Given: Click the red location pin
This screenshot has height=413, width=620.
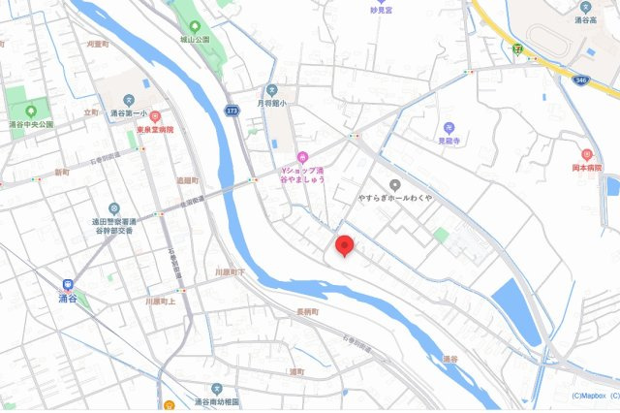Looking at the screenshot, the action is (x=344, y=246).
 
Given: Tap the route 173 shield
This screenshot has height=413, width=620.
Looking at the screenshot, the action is (x=232, y=111).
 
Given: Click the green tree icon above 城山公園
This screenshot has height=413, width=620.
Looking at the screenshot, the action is (x=194, y=25).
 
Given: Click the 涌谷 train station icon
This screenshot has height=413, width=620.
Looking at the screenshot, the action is (x=67, y=285).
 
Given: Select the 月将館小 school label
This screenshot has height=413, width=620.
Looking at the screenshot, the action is (x=274, y=102).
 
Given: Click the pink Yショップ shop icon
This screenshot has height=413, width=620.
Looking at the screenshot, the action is (x=303, y=158).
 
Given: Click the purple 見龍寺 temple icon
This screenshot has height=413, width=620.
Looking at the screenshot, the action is (x=449, y=127).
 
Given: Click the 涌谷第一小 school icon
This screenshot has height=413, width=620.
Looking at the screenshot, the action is (x=127, y=99).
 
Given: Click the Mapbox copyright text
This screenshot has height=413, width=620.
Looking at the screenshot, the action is (x=587, y=396).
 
